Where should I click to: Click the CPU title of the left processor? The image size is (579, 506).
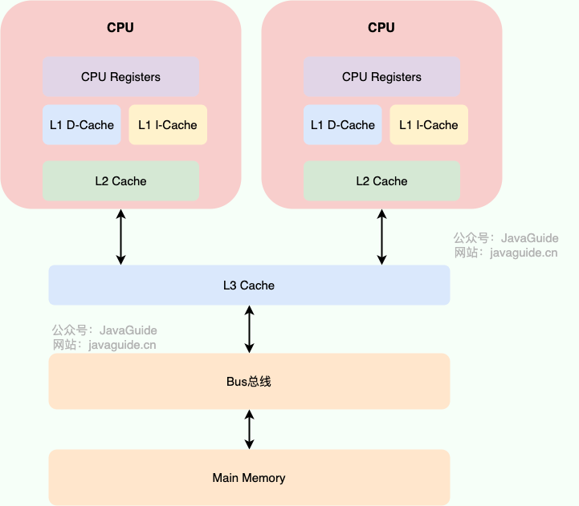pyautogui.click(x=120, y=27)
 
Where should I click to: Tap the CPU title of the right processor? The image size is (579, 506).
pyautogui.click(x=381, y=27)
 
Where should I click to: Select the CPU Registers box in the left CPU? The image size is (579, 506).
pyautogui.click(x=120, y=77)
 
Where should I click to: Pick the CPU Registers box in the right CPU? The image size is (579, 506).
pyautogui.click(x=381, y=77)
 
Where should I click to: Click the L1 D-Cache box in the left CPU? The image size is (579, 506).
pyautogui.click(x=82, y=125)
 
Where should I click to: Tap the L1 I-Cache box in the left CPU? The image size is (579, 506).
pyautogui.click(x=168, y=125)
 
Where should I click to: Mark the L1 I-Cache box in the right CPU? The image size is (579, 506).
pyautogui.click(x=429, y=125)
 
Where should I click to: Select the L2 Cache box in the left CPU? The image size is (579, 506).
pyautogui.click(x=120, y=181)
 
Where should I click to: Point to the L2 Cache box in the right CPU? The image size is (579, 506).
pyautogui.click(x=381, y=181)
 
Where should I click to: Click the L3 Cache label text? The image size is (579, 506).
pyautogui.click(x=249, y=285)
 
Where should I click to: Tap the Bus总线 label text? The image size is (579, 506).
pyautogui.click(x=249, y=382)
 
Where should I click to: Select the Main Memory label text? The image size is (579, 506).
pyautogui.click(x=249, y=478)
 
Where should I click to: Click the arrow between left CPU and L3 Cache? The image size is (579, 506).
pyautogui.click(x=120, y=237)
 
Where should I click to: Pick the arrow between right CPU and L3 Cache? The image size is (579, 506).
pyautogui.click(x=381, y=237)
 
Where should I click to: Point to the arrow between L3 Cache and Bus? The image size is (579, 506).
pyautogui.click(x=249, y=329)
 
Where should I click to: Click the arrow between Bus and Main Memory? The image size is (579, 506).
pyautogui.click(x=249, y=429)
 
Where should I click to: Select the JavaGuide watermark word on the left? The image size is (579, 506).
pyautogui.click(x=128, y=330)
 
